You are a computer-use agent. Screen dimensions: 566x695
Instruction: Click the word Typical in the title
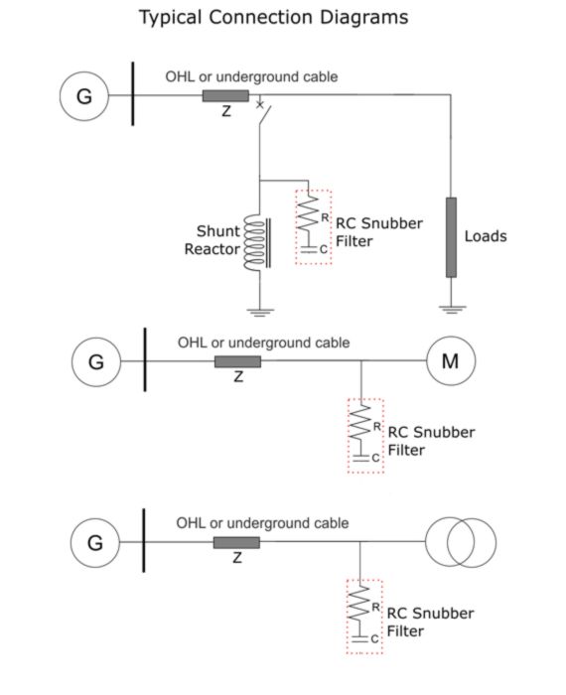[171, 18]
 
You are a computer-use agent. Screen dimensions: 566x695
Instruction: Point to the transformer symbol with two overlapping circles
[461, 542]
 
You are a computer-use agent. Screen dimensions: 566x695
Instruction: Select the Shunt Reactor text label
[212, 240]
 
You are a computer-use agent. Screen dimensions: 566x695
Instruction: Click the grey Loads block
[451, 237]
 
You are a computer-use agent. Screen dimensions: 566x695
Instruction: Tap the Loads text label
[486, 236]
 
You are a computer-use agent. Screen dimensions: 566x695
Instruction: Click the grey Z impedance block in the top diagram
[225, 95]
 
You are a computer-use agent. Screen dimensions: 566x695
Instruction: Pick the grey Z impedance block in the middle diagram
[237, 361]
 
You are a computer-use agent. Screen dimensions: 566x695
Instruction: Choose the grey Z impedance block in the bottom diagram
[236, 542]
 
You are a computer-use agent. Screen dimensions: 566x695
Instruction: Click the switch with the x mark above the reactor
[263, 113]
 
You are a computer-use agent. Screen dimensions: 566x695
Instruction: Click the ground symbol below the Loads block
[452, 310]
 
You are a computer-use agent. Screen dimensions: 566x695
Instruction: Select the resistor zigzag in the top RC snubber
[309, 213]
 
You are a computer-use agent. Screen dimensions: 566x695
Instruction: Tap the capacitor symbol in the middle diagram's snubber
[361, 458]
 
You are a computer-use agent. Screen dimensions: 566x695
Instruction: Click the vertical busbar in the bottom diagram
[144, 540]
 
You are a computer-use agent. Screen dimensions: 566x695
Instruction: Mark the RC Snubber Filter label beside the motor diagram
[431, 441]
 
